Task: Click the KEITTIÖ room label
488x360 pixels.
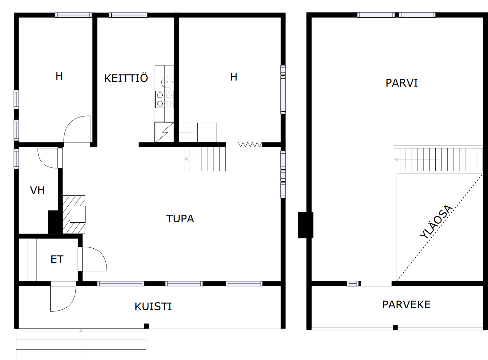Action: (x=126, y=78)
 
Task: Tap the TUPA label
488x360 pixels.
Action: (x=180, y=219)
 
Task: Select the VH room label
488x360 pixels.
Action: (x=38, y=190)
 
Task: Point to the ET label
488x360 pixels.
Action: (x=57, y=259)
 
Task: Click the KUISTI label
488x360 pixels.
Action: (x=153, y=307)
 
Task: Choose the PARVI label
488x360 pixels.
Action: (x=402, y=83)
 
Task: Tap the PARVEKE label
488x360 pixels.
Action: (x=406, y=304)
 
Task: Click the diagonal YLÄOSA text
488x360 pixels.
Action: (x=436, y=221)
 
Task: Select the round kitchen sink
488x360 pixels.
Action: (x=167, y=82)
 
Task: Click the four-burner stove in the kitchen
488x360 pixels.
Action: (x=165, y=99)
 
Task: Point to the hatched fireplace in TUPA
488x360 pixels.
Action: (x=74, y=215)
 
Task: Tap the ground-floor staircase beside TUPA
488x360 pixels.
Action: (x=205, y=159)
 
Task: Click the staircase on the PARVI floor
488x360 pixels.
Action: (x=438, y=159)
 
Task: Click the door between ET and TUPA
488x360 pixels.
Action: (x=92, y=259)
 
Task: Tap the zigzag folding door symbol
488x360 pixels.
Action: (x=250, y=145)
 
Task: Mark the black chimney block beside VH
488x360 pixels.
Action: (x=55, y=222)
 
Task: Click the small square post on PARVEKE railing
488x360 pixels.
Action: (x=395, y=328)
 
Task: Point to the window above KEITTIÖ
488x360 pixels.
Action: (x=128, y=15)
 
